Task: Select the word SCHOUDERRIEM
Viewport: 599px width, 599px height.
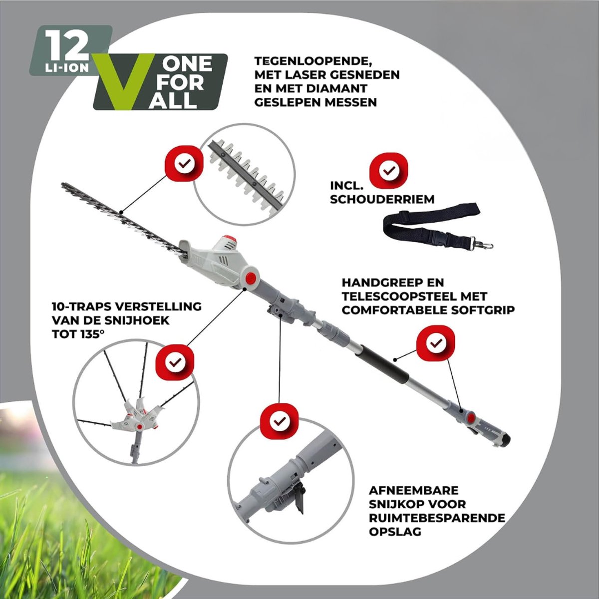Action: [x=382, y=199]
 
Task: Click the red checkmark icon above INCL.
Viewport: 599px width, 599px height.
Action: [x=388, y=170]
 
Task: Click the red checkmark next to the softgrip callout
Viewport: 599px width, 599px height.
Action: [x=435, y=343]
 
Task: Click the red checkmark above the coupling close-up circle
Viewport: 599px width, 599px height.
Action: [x=280, y=421]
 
